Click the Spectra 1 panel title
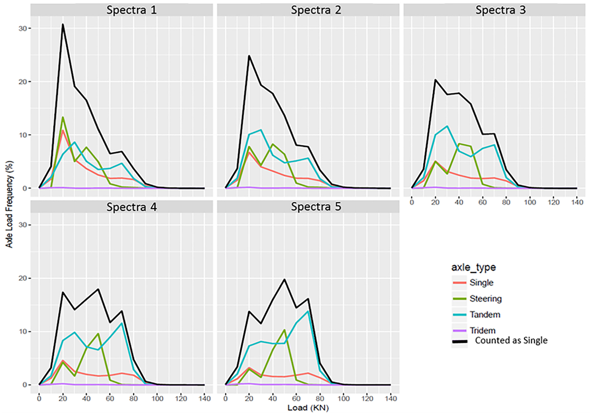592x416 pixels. pos(131,10)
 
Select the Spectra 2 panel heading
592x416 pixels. pos(316,10)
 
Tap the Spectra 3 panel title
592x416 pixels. pos(501,10)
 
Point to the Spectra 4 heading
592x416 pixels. pos(131,207)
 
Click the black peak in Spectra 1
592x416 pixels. pos(63,24)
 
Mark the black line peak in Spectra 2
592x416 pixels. pos(249,56)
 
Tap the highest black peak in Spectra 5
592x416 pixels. pos(284,279)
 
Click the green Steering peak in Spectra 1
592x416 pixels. pos(63,117)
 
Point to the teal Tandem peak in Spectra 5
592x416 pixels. pos(308,311)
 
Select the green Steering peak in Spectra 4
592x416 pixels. pos(98,334)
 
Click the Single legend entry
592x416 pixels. pos(481,283)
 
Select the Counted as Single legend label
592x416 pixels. pos(511,341)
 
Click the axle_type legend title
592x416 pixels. pos(473,267)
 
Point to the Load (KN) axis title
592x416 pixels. pos(308,408)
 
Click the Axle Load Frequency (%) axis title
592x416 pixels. pos(9,204)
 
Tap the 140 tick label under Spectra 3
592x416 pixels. pos(577,202)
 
